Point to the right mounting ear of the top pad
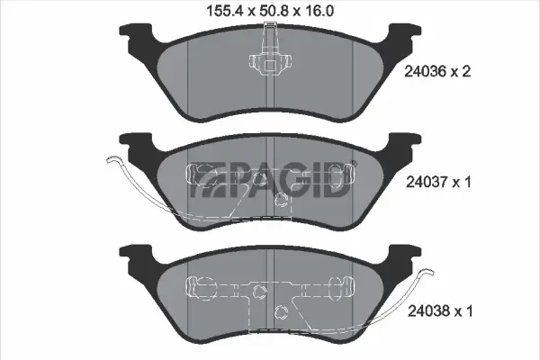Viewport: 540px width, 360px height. click(x=401, y=40)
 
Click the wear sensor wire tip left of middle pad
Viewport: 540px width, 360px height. click(x=110, y=162)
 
